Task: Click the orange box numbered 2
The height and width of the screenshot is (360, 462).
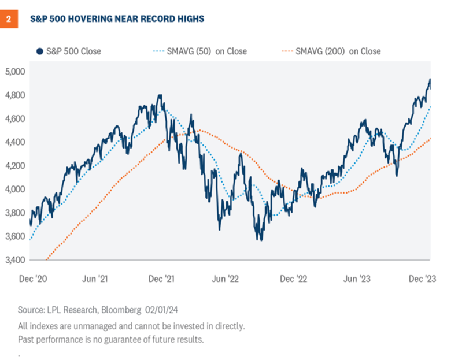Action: click(9, 19)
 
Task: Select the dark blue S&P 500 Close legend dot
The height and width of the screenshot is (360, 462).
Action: click(39, 51)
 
